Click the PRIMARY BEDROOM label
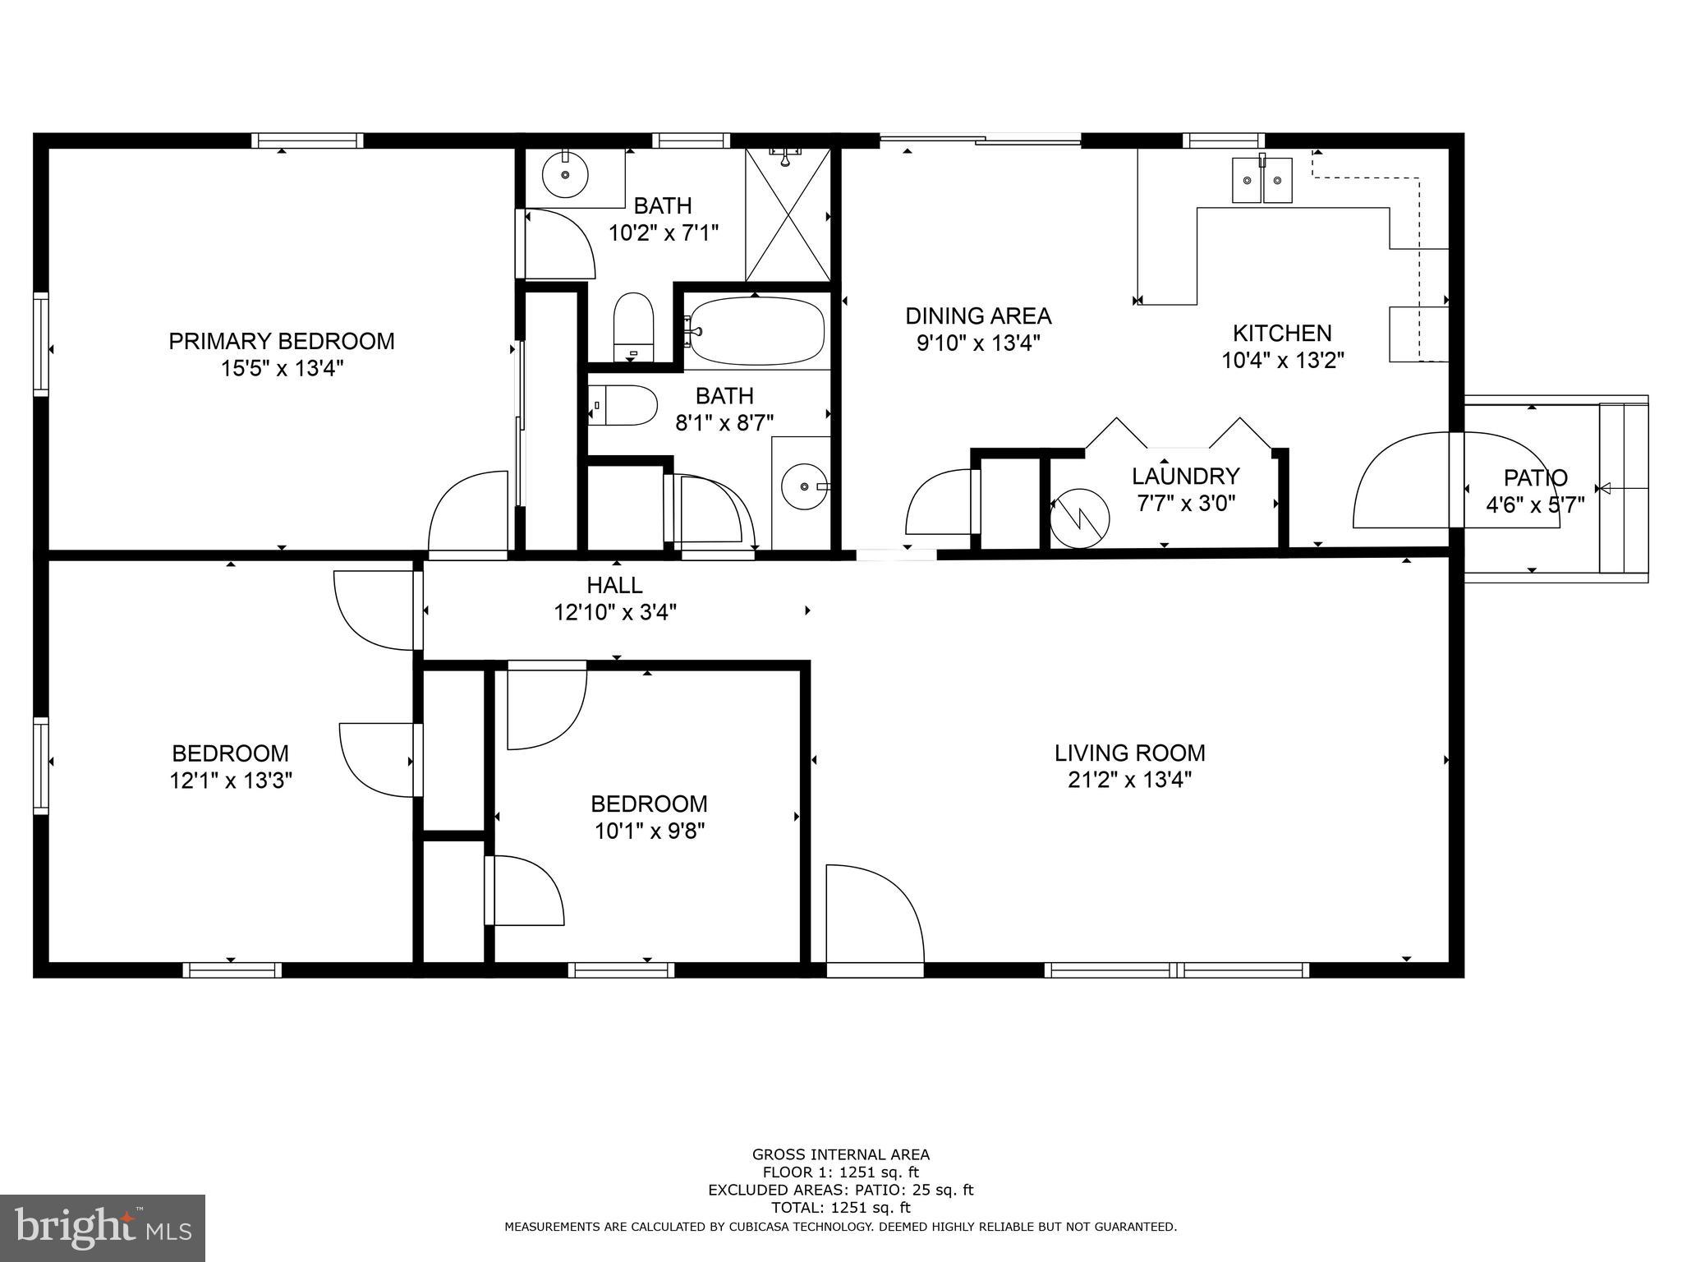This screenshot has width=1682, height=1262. [x=281, y=341]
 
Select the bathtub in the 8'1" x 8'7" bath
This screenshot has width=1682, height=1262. [x=756, y=329]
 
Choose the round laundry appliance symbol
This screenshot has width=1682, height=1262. [x=1080, y=518]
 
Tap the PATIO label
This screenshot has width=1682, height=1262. [x=1535, y=477]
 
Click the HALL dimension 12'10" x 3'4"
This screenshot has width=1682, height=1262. [x=614, y=612]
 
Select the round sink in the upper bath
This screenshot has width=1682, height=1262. [x=565, y=174]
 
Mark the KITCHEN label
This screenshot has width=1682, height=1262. [x=1281, y=333]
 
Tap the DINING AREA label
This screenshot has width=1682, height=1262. [x=977, y=315]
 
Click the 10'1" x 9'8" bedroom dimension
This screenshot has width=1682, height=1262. [x=649, y=831]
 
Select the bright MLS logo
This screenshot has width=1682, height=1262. [x=102, y=1227]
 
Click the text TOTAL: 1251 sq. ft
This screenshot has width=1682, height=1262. [x=840, y=1208]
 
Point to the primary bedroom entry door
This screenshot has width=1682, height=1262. [x=466, y=514]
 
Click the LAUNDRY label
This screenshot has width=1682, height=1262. [x=1184, y=476]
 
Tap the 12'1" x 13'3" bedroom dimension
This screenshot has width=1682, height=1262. [x=231, y=780]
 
